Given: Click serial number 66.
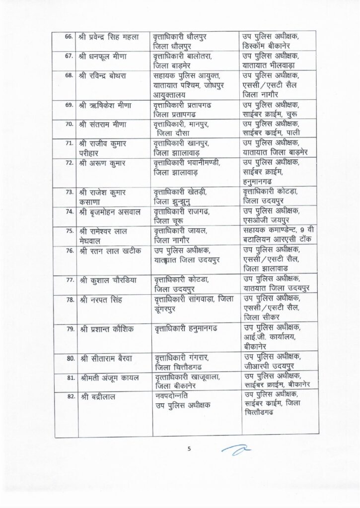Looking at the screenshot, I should [x=69, y=36].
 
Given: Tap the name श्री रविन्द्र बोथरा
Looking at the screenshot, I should [x=106, y=75].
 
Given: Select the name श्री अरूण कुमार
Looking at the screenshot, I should [x=101, y=162].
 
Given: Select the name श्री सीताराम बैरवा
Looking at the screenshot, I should [x=106, y=358].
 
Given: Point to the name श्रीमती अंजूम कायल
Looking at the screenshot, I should [x=109, y=378].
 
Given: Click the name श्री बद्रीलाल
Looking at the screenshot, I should [x=98, y=395].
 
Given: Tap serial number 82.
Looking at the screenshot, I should [x=69, y=395].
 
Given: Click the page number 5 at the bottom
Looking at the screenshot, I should [x=189, y=449].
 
